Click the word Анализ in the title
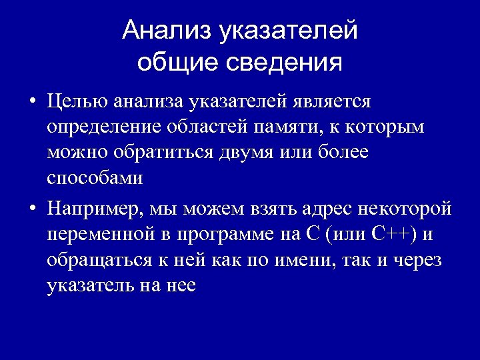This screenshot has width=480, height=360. click(x=164, y=31)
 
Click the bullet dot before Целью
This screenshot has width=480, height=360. click(x=32, y=103)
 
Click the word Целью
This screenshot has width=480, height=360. click(x=77, y=102)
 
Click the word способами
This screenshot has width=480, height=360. click(x=95, y=178)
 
